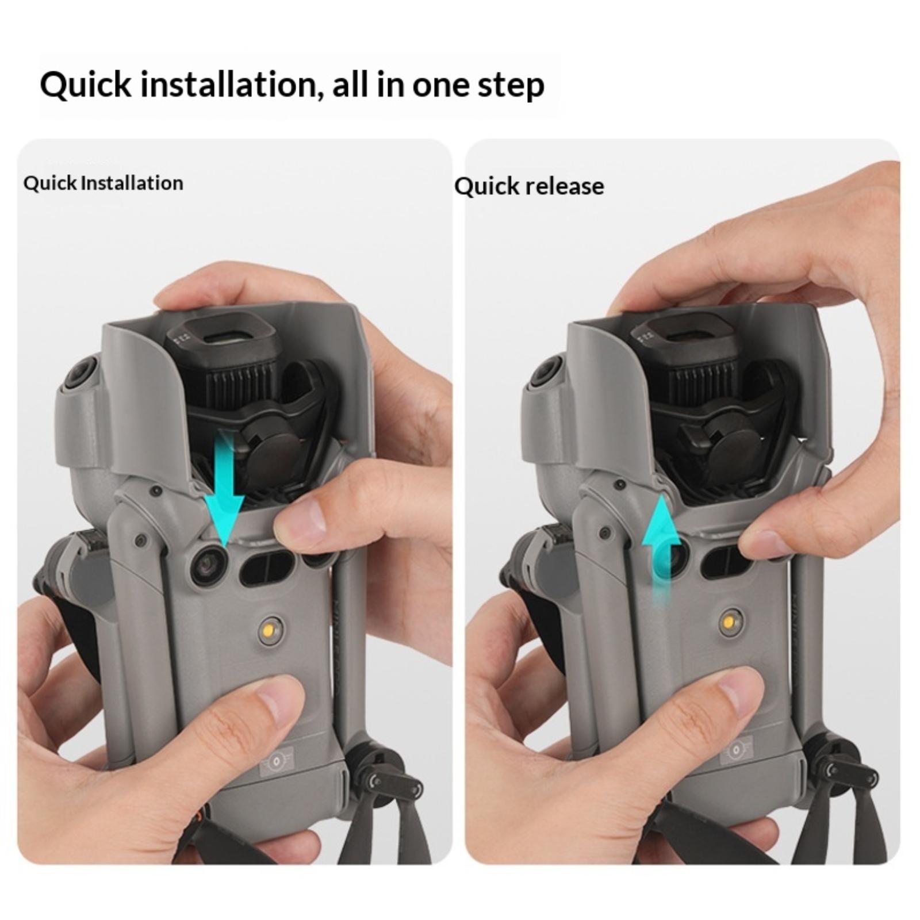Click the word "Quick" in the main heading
click(x=86, y=85)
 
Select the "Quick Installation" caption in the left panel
click(x=103, y=183)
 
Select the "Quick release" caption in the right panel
click(x=529, y=186)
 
